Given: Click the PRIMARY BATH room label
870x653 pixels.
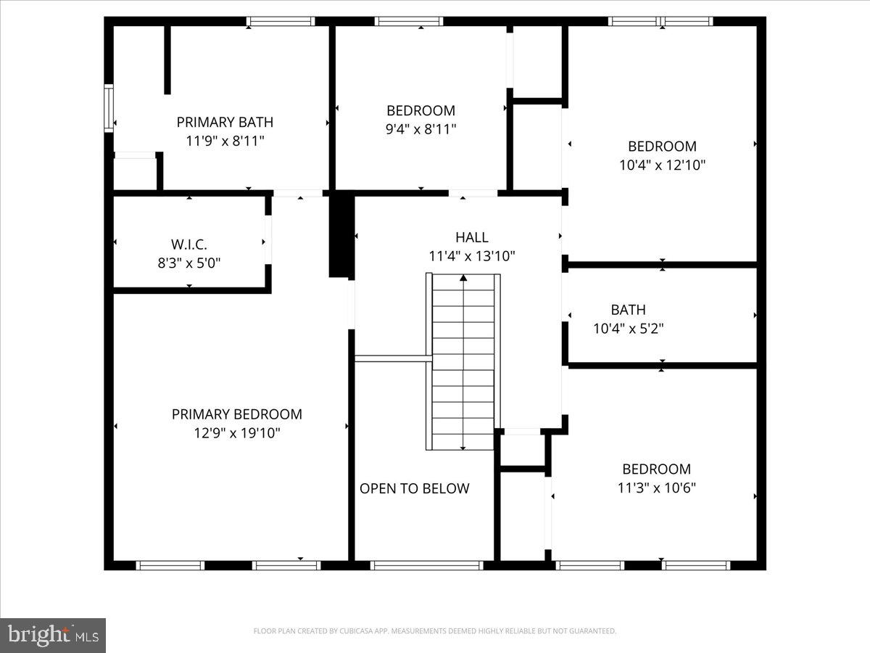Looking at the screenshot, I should [225, 122].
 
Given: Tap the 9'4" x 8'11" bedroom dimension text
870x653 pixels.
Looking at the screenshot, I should [420, 129].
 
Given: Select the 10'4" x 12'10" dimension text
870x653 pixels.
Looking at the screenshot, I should [662, 165].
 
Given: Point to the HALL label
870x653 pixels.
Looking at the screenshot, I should [471, 237].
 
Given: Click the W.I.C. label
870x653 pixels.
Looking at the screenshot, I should [188, 245].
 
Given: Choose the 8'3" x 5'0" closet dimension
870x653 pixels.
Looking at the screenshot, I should [189, 263].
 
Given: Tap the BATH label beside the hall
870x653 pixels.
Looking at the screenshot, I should [628, 310].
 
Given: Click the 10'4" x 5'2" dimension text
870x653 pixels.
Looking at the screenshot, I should [628, 328].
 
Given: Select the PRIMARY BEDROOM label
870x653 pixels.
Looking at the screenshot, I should [236, 414].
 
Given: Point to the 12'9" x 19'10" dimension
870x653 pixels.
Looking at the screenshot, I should [236, 433].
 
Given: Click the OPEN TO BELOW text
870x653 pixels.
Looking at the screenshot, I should [415, 488].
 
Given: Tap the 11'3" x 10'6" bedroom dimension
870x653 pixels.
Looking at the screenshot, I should [656, 488].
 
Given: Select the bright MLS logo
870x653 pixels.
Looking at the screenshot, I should [53, 635].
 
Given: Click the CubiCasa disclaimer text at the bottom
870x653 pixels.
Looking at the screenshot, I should [435, 631].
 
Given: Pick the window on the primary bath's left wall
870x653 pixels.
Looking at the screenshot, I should [109, 107].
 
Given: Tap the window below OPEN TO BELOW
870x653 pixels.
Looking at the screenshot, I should [426, 565].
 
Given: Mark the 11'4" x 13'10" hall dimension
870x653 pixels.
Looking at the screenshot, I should [471, 255].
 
